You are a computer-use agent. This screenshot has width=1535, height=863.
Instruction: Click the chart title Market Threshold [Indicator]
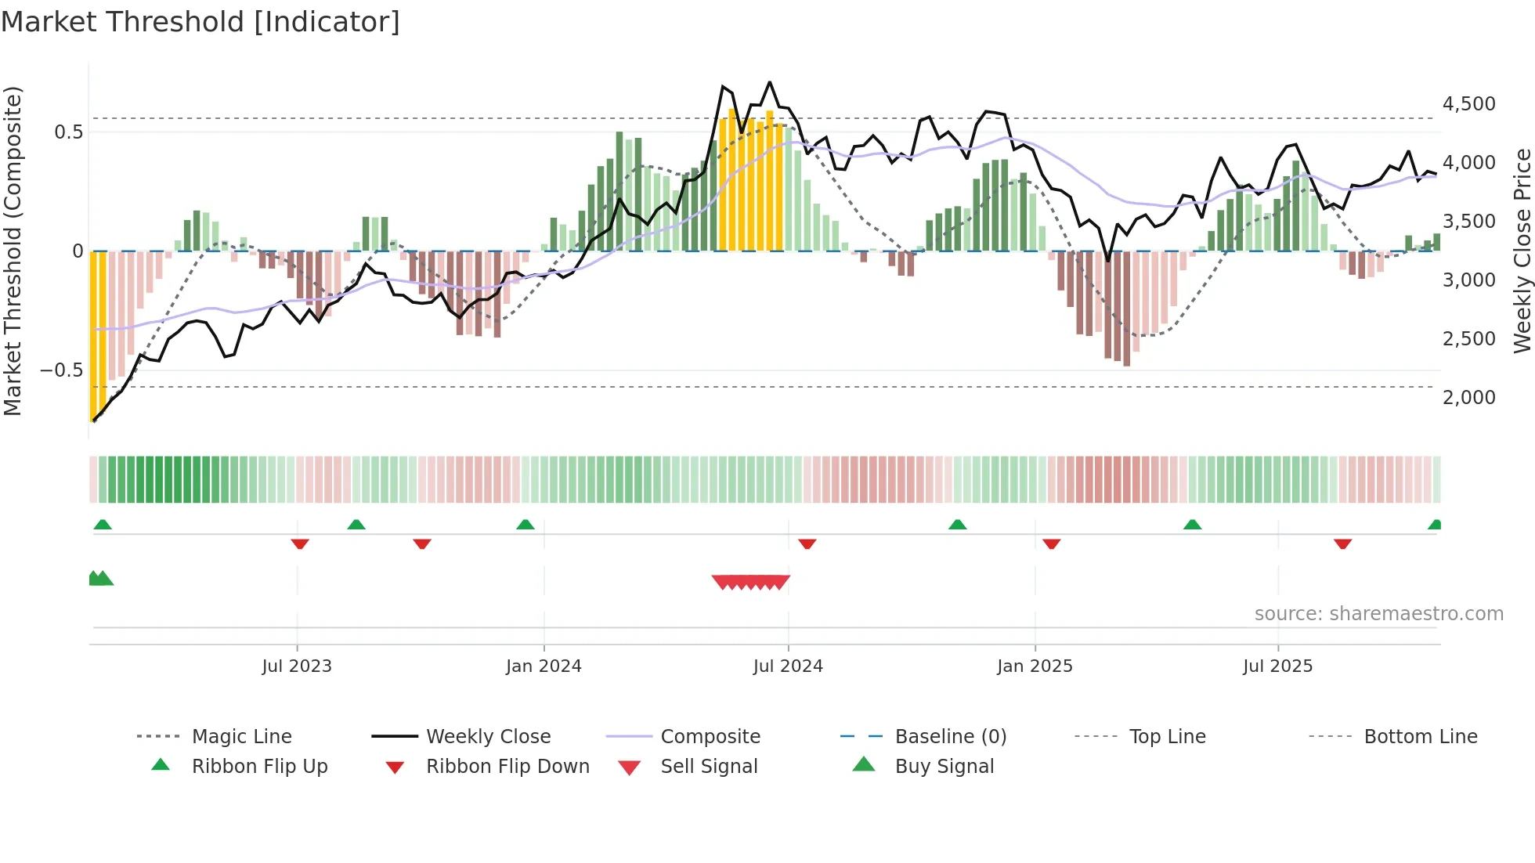[200, 22]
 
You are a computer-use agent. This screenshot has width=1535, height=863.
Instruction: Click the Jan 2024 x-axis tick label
[544, 666]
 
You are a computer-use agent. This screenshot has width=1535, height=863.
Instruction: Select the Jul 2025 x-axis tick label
[1277, 666]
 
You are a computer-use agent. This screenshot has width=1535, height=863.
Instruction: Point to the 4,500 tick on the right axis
[1468, 104]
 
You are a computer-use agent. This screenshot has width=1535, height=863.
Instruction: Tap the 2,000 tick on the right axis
[1468, 398]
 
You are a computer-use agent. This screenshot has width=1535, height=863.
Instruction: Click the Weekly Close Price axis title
[1522, 251]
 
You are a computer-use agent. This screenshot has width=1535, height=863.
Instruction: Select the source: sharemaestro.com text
[1378, 614]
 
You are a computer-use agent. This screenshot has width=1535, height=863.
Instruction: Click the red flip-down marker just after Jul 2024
[807, 543]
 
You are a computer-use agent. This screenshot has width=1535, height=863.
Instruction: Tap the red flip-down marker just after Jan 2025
[1052, 543]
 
